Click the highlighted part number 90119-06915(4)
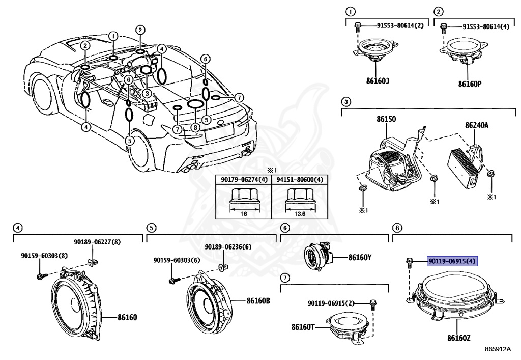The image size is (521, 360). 452,262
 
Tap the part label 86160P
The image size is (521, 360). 469,84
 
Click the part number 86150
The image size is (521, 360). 387,119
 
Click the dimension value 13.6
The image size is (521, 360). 300,214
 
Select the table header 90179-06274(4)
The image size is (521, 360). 243,180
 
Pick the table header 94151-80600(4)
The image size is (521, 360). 299,180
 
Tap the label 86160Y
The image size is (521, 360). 360,258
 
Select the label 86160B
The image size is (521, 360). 258,301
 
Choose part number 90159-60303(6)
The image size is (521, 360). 177,260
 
